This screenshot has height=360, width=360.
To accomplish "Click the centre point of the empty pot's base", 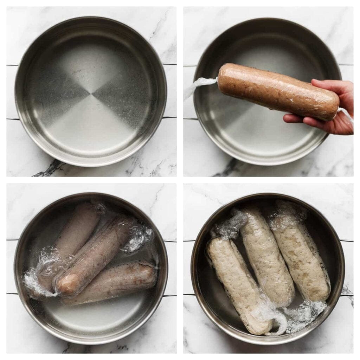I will click(91, 94).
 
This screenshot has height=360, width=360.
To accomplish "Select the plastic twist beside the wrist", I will click(346, 114).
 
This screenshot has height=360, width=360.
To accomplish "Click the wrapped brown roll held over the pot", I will click(278, 91).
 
